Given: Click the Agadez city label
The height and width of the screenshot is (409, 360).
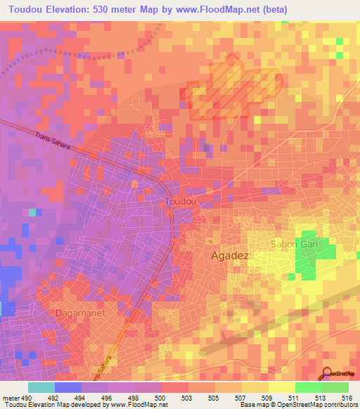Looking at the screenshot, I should point(230,257).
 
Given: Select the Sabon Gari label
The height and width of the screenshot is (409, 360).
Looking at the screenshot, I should point(295,244).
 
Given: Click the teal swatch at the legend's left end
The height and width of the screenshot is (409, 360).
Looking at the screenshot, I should point(41,387).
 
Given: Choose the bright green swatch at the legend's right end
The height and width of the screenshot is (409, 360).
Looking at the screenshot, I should point(335,387).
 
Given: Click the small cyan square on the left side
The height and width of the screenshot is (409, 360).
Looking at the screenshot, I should point(32,212).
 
